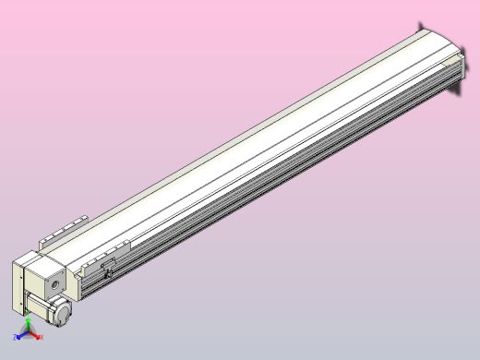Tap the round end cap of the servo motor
coord(63,313)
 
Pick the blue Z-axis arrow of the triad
coord(21,337)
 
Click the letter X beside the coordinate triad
coord(42,337)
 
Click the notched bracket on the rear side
coord(63,230)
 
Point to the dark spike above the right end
coord(421,25)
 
